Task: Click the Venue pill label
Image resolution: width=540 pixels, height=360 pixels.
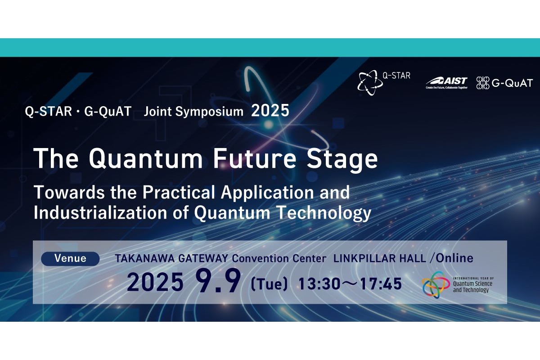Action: pyautogui.click(x=70, y=259)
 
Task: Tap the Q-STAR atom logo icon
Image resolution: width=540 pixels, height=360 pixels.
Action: pyautogui.click(x=369, y=83)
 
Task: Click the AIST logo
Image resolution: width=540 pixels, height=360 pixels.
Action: pyautogui.click(x=447, y=83)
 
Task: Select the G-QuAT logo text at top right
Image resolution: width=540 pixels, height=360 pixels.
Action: pyautogui.click(x=512, y=83)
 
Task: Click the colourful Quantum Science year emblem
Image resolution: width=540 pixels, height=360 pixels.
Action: pyautogui.click(x=436, y=285)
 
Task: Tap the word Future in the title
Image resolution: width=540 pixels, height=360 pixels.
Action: pyautogui.click(x=255, y=158)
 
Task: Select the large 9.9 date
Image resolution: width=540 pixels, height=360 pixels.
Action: pyautogui.click(x=218, y=281)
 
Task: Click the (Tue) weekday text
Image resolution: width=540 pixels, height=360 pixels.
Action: pyautogui.click(x=269, y=284)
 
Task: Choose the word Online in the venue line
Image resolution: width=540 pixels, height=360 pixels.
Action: pyautogui.click(x=454, y=258)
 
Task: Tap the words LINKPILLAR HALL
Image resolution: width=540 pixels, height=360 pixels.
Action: pyautogui.click(x=380, y=258)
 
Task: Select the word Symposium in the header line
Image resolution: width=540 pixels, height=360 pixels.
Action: pyautogui.click(x=209, y=112)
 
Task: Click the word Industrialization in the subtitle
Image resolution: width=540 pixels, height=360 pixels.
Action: pyautogui.click(x=100, y=212)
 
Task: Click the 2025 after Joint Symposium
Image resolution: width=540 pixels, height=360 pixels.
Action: pyautogui.click(x=270, y=111)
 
